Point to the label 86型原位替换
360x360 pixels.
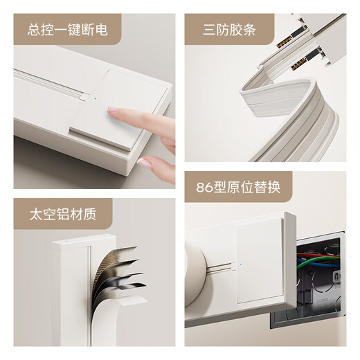tap(236, 188)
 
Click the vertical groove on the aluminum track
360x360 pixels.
tap(89, 291)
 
